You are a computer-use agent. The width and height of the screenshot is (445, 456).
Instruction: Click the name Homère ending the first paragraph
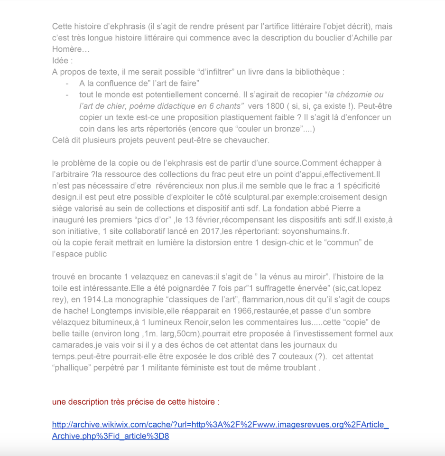(67, 49)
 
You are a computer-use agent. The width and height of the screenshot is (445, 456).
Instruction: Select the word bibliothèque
(316, 72)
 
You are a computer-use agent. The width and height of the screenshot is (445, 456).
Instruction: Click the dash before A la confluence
(67, 84)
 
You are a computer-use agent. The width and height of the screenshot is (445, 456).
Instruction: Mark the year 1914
(92, 299)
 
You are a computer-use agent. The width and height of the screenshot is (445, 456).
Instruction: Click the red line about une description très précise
(136, 402)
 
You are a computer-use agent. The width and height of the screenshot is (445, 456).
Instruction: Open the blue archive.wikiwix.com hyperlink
(220, 425)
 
